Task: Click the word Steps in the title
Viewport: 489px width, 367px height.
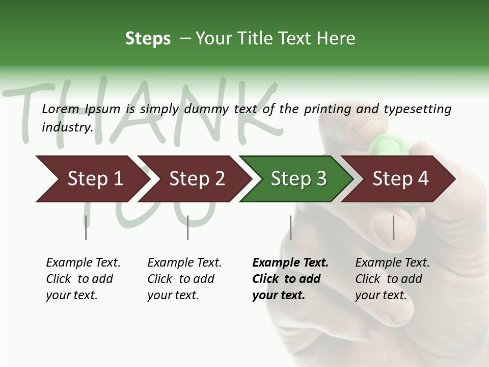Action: (148, 39)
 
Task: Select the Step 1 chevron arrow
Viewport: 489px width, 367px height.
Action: (92, 178)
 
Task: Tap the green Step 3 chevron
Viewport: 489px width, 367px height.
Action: (297, 178)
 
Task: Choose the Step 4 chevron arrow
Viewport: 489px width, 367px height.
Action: (400, 178)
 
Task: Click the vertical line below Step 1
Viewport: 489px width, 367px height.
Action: (86, 227)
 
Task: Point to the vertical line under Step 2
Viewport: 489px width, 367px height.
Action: (188, 227)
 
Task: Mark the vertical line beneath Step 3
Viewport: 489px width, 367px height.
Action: (291, 227)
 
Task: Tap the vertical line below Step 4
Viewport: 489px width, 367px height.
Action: (393, 227)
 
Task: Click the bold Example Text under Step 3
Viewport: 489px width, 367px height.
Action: (290, 263)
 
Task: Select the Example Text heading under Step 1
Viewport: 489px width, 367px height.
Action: (83, 263)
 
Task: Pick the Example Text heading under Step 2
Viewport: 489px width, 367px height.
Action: (184, 263)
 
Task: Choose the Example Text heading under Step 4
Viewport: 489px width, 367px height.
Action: (392, 263)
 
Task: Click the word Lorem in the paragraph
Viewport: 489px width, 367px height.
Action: (61, 109)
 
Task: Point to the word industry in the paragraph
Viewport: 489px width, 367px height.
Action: (67, 127)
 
